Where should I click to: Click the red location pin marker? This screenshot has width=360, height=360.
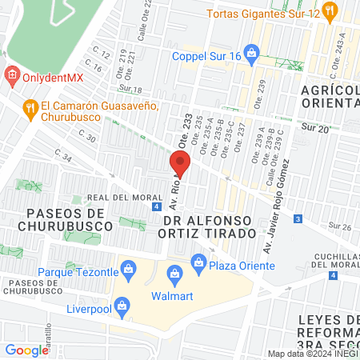click(180, 166)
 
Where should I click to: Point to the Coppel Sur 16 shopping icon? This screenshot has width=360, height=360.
click(252, 55)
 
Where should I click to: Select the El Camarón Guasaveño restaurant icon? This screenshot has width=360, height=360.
click(30, 107)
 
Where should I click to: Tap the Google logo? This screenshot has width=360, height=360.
click(26, 350)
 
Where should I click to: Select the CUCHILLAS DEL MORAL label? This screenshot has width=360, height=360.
click(330, 260)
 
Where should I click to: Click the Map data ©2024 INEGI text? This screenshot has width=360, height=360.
click(313, 354)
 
